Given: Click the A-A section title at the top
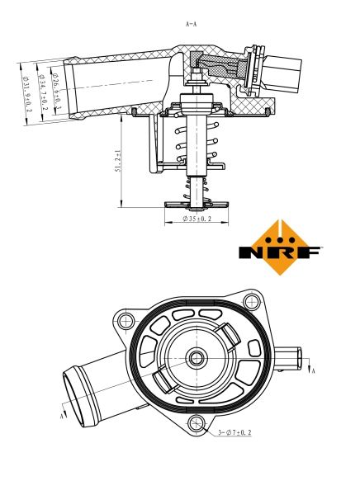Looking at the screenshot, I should pos(191,24).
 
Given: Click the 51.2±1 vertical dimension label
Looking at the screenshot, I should pos(118,161).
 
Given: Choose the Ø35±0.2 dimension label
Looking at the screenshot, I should pos(197,219).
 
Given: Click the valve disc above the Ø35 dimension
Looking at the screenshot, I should pos(197,203).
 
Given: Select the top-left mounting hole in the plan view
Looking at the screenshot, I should pos(126,321).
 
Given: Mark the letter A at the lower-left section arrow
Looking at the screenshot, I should pos(62,417).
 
